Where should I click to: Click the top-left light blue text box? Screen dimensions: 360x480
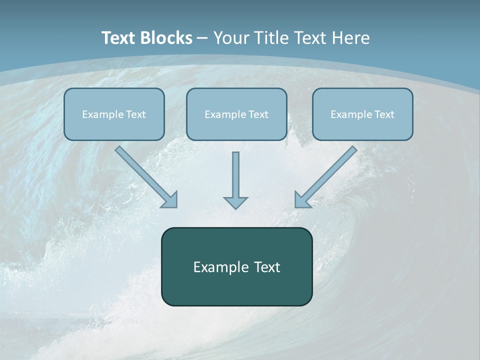click(114, 114)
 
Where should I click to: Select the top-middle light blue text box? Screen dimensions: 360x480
click(236, 114)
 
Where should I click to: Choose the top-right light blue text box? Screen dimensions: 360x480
click(362, 114)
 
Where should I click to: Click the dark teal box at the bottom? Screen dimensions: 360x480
click(236, 266)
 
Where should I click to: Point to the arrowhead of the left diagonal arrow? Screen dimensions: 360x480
click(170, 200)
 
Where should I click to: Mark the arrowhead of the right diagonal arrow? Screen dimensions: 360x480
click(302, 200)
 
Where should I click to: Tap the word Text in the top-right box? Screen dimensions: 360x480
click(384, 114)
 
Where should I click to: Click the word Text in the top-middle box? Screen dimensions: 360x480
click(258, 114)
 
